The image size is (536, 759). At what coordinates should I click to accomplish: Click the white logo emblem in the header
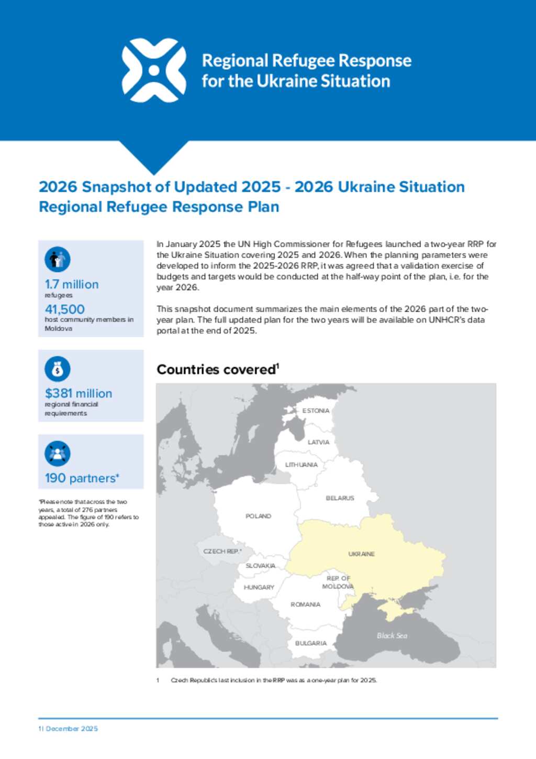pyautogui.click(x=154, y=70)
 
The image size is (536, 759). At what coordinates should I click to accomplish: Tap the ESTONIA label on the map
pyautogui.click(x=316, y=411)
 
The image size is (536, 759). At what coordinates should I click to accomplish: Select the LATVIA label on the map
pyautogui.click(x=318, y=442)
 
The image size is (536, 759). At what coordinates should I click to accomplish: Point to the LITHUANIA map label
pyautogui.click(x=301, y=465)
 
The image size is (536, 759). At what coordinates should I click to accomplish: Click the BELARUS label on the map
pyautogui.click(x=340, y=498)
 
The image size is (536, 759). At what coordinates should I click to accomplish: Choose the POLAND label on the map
pyautogui.click(x=258, y=516)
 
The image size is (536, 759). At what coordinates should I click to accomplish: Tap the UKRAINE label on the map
pyautogui.click(x=361, y=554)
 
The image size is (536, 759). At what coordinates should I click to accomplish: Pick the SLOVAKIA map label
pyautogui.click(x=260, y=566)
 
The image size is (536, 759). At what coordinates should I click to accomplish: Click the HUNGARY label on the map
pyautogui.click(x=259, y=587)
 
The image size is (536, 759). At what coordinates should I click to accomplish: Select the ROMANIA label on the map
pyautogui.click(x=305, y=604)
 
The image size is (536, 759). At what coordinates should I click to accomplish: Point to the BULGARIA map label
pyautogui.click(x=310, y=643)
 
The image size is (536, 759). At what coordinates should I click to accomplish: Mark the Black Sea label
pyautogui.click(x=392, y=635)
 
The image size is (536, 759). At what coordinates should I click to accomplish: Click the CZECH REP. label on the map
pyautogui.click(x=222, y=551)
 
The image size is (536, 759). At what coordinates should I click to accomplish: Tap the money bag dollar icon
pyautogui.click(x=58, y=369)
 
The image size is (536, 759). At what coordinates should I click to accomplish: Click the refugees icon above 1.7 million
pyautogui.click(x=58, y=259)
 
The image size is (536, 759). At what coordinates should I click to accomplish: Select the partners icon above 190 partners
pyautogui.click(x=58, y=454)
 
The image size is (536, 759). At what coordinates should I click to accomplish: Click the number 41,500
pyautogui.click(x=64, y=309)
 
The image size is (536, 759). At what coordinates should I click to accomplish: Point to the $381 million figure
pyautogui.click(x=79, y=393)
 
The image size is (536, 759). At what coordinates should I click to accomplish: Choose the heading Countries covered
pyautogui.click(x=217, y=370)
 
